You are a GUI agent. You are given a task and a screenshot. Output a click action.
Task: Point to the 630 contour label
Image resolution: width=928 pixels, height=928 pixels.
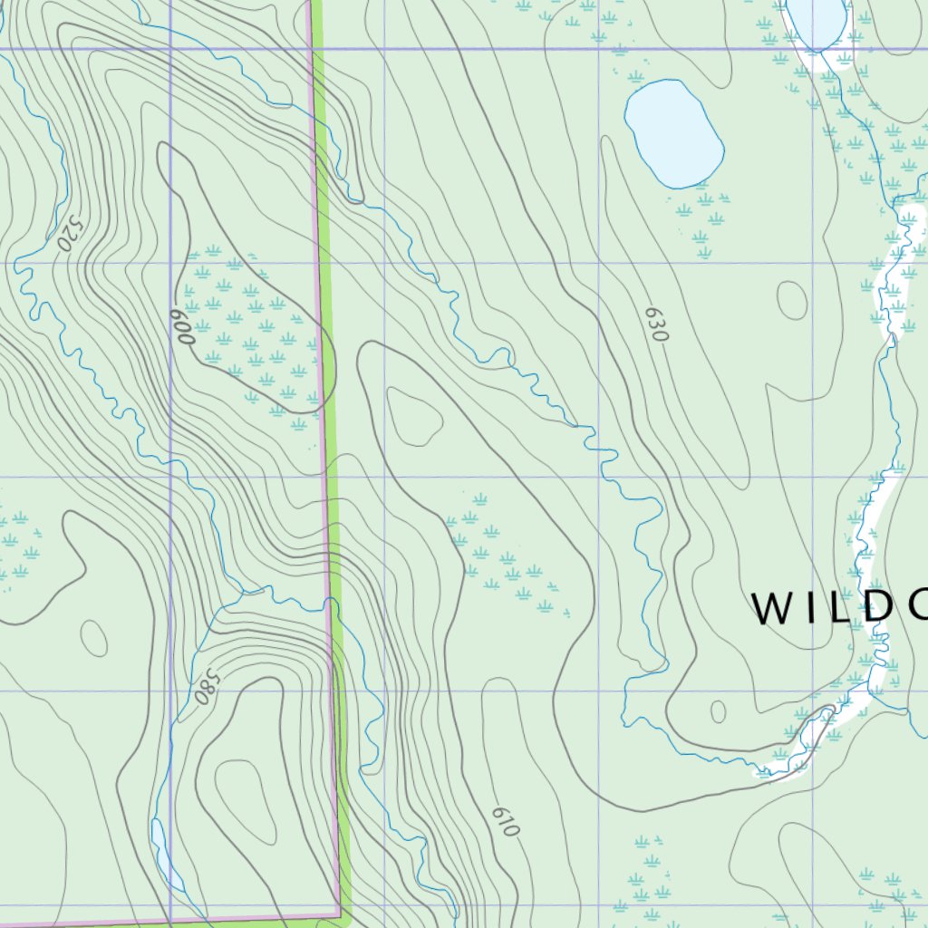point(656,324)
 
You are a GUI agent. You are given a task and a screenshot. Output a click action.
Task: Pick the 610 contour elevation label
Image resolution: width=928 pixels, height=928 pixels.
point(506,820)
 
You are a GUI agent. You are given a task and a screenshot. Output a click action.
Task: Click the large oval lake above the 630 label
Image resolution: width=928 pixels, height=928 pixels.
point(673,133)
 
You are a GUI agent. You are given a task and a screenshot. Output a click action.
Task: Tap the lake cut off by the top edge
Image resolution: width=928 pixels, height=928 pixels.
point(816,18)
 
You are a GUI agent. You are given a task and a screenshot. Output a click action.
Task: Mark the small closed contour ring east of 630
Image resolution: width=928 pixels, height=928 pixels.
point(792,300)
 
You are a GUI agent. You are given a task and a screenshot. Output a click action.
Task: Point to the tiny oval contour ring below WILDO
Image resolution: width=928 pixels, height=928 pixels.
point(718,711)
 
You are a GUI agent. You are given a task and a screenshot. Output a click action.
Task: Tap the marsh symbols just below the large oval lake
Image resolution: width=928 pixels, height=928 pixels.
point(702,217)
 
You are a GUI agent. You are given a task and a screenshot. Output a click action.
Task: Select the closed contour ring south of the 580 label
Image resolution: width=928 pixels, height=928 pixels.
point(245,797)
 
